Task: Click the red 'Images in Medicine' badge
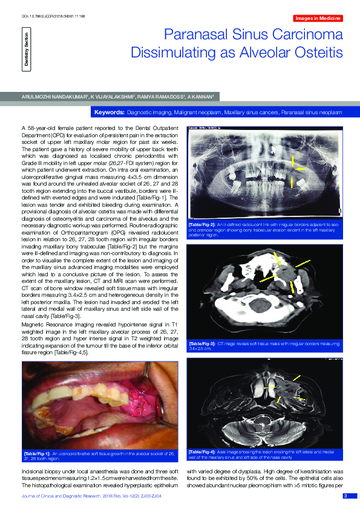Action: [x=317, y=20]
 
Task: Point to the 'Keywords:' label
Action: [x=110, y=113]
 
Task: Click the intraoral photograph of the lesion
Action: [x=99, y=404]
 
